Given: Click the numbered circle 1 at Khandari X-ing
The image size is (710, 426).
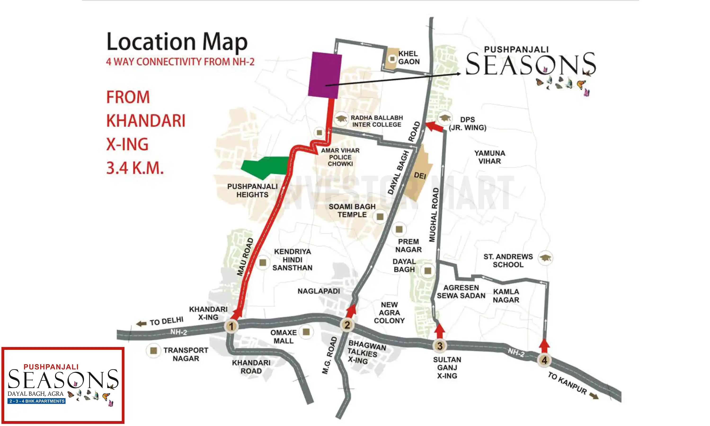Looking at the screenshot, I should pos(231,326).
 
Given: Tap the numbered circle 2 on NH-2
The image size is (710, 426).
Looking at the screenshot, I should pos(347,325).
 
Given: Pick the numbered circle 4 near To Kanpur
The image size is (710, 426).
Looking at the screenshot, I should pos(544,360).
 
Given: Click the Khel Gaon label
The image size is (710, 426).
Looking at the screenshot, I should pos(409,58).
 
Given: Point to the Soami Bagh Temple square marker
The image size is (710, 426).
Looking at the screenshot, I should pos(380,217).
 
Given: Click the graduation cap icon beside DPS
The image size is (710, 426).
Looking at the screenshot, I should pos(445,118).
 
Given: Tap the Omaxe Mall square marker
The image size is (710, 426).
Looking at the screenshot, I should pos(306,332).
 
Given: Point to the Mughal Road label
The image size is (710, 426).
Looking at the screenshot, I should pos(434,215).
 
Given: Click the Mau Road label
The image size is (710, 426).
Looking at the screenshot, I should pos(245,257).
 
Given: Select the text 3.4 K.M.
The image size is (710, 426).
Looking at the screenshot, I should pos(135,168).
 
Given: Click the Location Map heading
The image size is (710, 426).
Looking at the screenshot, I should pos(177,42).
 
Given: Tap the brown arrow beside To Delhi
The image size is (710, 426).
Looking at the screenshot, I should pos(141,324).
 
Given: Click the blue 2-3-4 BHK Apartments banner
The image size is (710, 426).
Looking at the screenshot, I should pos(36,401).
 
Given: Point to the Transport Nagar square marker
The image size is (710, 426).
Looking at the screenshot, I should pos(154,351).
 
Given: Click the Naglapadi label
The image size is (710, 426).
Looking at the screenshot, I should pos(319,291).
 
